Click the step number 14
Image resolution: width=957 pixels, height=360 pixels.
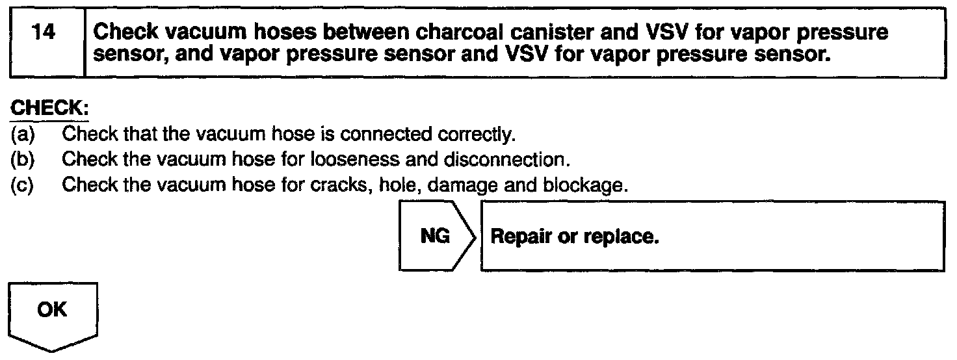point(44,32)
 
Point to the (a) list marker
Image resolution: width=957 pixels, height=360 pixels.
point(21,135)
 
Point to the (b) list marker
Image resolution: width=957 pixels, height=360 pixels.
point(21,160)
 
